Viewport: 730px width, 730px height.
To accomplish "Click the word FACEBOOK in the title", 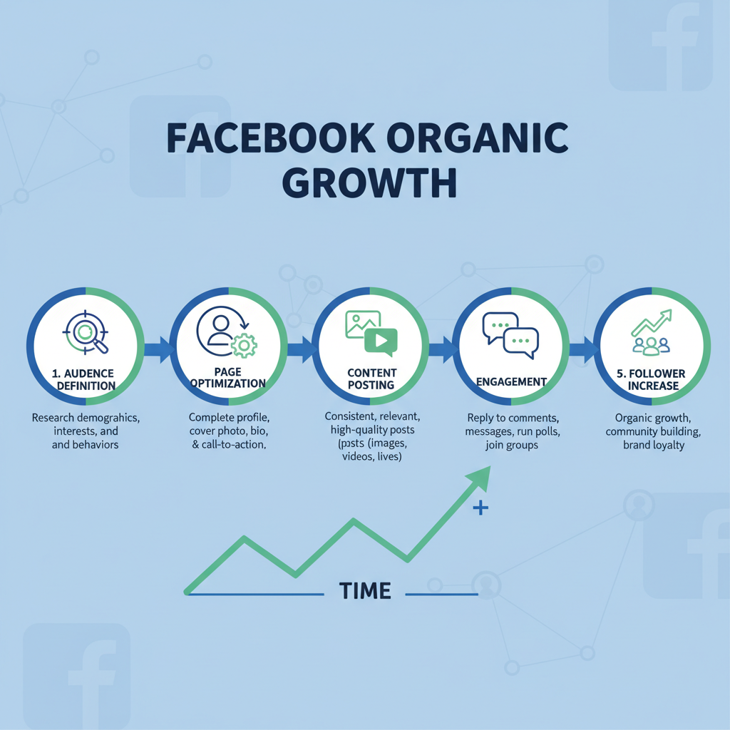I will pos(267,139).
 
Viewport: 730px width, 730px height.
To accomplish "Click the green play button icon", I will pos(380,342).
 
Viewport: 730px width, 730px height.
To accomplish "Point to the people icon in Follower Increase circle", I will pos(652,345).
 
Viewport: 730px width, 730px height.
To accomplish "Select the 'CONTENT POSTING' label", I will pos(371,379).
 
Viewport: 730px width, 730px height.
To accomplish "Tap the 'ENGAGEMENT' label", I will pos(511,382).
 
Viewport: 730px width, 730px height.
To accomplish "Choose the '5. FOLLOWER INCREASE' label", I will pos(652,379).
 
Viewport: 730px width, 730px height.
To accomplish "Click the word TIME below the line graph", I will pos(365,591).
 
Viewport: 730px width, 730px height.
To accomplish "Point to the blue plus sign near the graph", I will pos(481,509).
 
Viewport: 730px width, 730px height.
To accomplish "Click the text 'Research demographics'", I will pos(86,418).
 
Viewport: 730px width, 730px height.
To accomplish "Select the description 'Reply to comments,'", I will pos(511,418).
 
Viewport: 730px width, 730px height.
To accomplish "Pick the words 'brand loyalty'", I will pos(653,446).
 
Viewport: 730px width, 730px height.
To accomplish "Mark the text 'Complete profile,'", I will pos(227,417).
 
